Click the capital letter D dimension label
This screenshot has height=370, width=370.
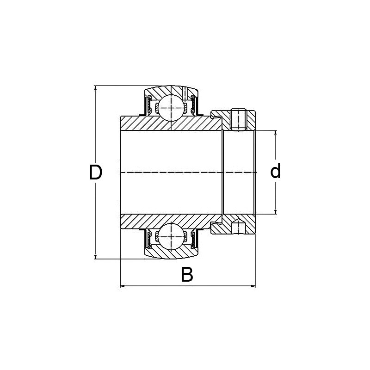coord(95,173)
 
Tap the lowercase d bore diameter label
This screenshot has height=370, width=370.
coord(276,172)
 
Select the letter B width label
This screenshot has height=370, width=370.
coord(186,275)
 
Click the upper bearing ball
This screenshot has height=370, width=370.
coord(172,108)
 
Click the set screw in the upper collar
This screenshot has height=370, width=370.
coord(238,119)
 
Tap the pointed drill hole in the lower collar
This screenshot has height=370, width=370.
coord(238,226)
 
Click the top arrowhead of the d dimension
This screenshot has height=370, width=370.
coord(276,134)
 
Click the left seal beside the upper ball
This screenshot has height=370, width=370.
coord(149,105)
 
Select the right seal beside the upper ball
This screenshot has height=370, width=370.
coord(195,105)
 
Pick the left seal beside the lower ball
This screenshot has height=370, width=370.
coord(149,238)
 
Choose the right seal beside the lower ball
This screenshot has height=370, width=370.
coord(195,238)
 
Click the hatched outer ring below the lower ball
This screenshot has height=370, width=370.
coord(172,252)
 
